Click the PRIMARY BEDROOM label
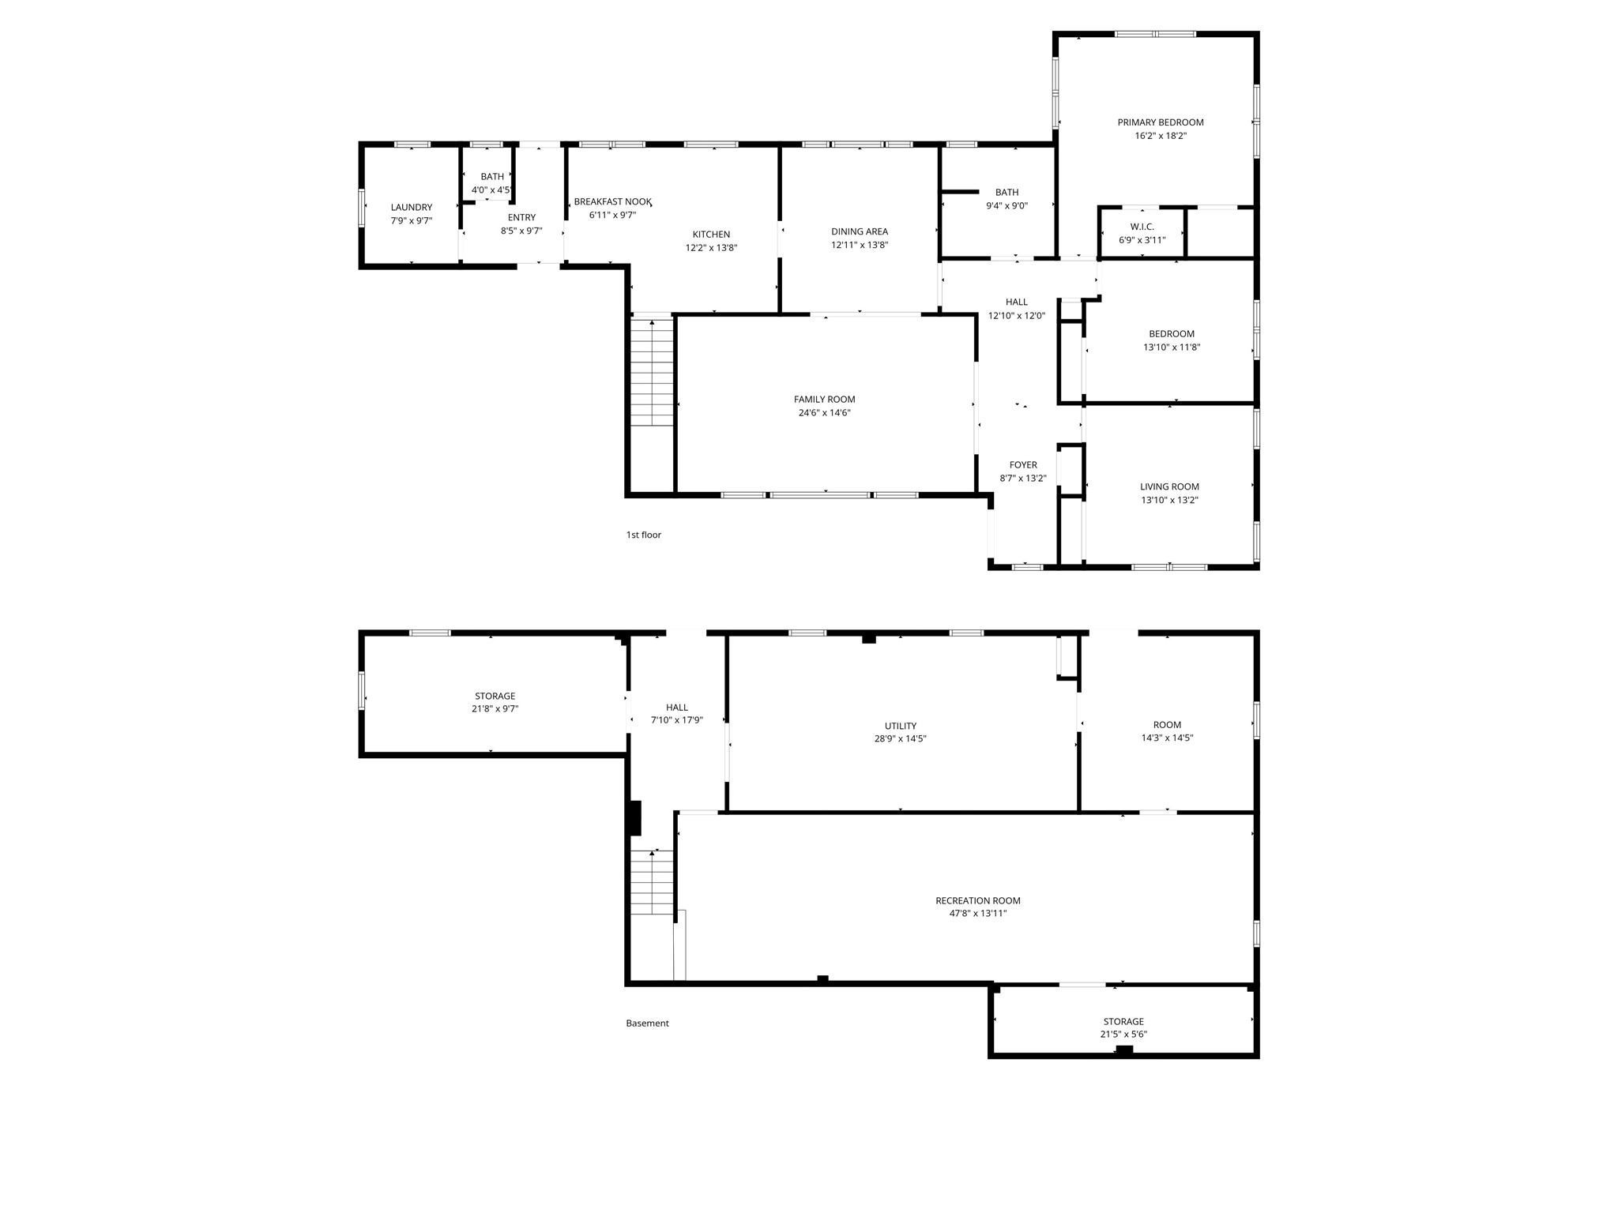(1160, 122)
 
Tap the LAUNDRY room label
(411, 208)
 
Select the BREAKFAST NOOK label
(612, 202)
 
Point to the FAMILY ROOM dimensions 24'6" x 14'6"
(824, 413)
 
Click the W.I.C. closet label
(1142, 227)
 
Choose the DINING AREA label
(859, 232)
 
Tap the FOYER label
(1023, 465)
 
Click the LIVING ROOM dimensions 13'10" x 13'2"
(1169, 500)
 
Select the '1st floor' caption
(643, 535)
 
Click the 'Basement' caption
(647, 1023)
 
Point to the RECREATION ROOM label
(977, 901)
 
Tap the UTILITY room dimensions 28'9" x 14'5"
(900, 739)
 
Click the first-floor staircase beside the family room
(652, 371)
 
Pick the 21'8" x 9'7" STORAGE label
(495, 697)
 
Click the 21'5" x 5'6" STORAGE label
(1123, 1022)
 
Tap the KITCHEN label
(711, 235)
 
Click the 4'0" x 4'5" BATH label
(491, 177)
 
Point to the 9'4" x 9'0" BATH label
(1007, 193)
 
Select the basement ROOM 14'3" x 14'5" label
(1167, 725)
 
